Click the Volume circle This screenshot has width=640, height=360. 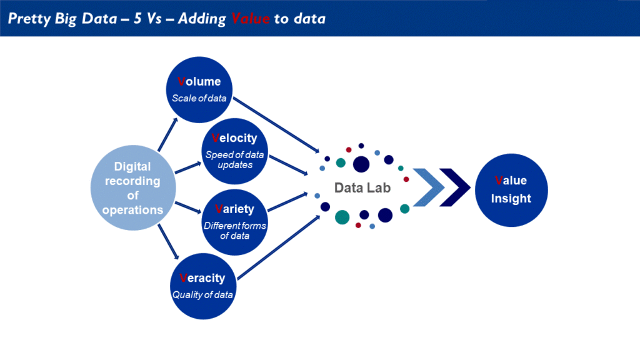coord(199,90)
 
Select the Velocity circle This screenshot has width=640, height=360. coord(235,151)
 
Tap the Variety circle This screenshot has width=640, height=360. coord(235,222)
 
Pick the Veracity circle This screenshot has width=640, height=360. coord(203,286)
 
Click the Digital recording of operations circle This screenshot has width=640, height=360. coord(133,187)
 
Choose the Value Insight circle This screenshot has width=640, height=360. coord(511,190)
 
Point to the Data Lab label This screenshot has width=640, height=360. coord(362,187)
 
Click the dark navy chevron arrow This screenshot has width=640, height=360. coord(455,187)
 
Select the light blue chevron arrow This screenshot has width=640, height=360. coord(429,187)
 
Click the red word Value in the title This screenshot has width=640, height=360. coord(250,18)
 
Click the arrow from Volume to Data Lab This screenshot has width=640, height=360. coord(276,125)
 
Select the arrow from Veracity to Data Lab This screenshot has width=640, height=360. coord(278,247)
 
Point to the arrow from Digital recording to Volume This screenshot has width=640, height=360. coord(167,135)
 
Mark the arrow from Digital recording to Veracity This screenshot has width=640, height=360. coord(168,242)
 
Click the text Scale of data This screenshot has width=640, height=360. coord(199,98)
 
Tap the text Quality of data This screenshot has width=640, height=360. coord(202,295)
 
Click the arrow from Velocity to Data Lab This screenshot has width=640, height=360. coord(288,165)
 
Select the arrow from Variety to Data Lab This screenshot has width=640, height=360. coord(287,202)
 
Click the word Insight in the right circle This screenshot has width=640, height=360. coord(511,199)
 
